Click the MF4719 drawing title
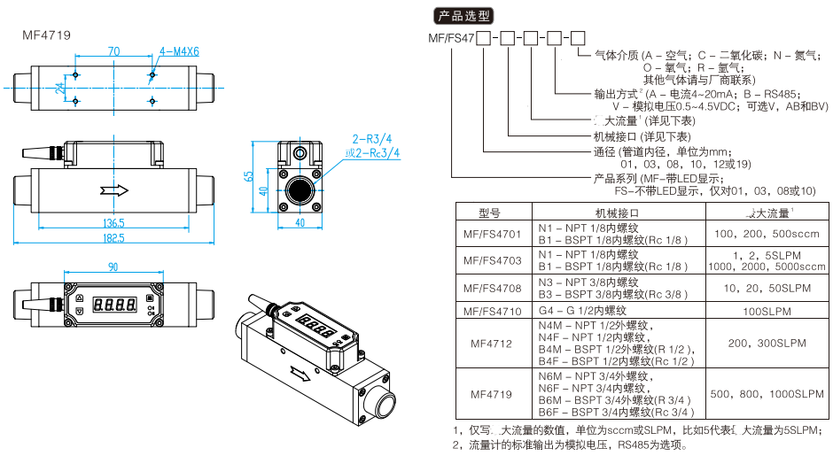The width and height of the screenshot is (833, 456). click(x=46, y=35)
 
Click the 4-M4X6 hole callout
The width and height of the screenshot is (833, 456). click(x=179, y=50)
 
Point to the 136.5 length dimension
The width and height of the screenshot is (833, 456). click(x=113, y=222)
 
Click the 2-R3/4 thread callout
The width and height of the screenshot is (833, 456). click(x=371, y=138)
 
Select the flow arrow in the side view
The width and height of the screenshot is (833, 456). click(x=114, y=189)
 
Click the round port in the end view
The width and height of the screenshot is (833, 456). click(x=301, y=191)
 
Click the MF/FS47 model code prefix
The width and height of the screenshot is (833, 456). click(x=451, y=39)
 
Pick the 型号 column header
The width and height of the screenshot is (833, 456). click(x=490, y=213)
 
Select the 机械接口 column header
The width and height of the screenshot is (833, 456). click(x=616, y=213)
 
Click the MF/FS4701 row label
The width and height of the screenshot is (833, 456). click(x=490, y=235)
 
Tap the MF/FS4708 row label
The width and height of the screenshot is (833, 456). click(x=490, y=288)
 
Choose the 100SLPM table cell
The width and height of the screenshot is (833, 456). click(x=767, y=311)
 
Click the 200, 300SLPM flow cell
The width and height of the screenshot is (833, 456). click(x=767, y=343)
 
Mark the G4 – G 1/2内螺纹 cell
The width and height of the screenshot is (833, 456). click(x=582, y=311)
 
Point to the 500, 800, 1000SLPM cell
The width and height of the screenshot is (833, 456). click(x=767, y=394)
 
